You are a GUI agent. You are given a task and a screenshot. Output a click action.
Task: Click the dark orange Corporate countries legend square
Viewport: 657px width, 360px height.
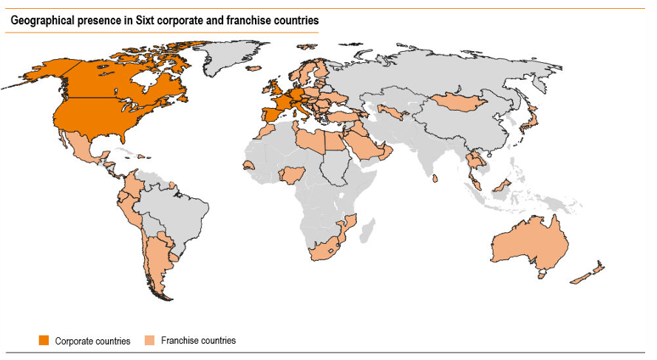(44, 341)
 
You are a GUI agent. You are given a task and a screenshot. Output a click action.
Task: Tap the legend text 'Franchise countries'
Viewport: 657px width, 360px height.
(198, 341)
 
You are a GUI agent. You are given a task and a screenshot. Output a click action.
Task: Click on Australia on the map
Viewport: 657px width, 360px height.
(532, 244)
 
